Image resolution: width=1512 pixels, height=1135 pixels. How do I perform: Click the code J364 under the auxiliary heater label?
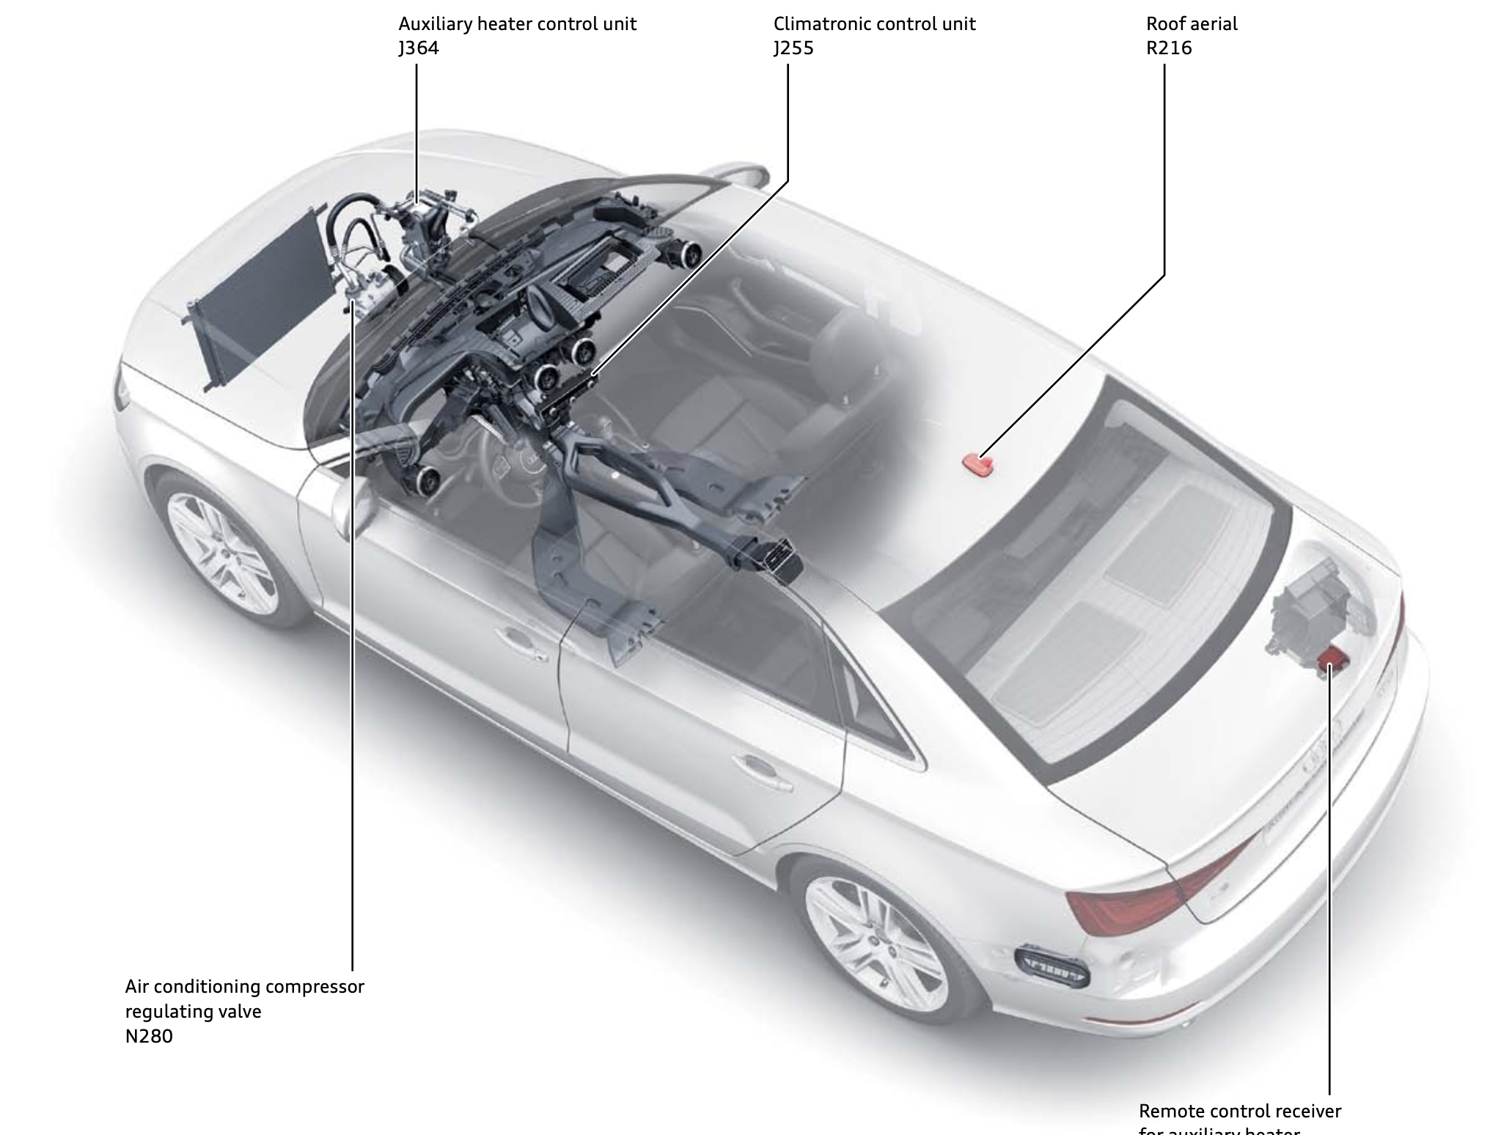pos(419,48)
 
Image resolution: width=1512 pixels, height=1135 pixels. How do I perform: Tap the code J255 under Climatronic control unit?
pos(793,48)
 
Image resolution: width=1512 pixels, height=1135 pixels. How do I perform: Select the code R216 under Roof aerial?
pos(1169,48)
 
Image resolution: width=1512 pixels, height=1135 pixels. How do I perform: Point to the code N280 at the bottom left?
pos(149,1036)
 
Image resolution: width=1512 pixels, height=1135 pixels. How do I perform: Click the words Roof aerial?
pos(1192,24)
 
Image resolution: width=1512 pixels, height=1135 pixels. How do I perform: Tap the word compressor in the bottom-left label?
pos(315,987)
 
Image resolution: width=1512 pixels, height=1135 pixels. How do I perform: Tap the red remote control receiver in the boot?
pos(1329,664)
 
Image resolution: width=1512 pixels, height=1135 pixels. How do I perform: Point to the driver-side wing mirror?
pos(343,506)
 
